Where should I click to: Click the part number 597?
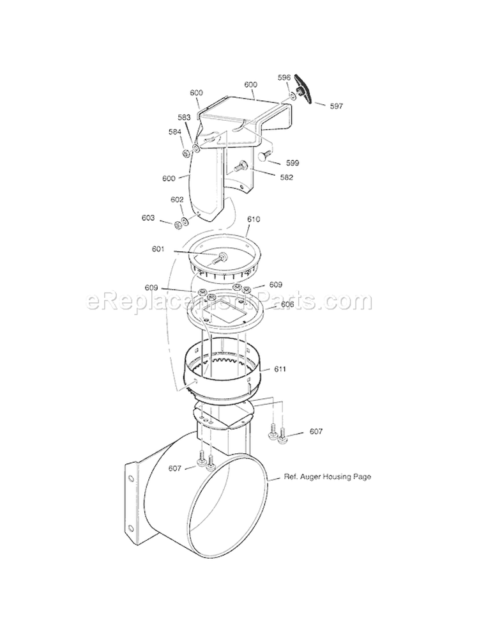click(x=337, y=107)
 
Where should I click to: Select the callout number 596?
click(x=284, y=77)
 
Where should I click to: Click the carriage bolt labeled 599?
click(x=265, y=155)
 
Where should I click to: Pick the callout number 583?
click(x=184, y=117)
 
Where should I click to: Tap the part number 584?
click(x=175, y=132)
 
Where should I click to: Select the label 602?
click(x=177, y=199)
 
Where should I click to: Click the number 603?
click(x=149, y=218)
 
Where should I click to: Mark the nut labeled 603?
click(x=177, y=224)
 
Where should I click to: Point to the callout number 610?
click(x=254, y=219)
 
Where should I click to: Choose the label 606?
click(x=287, y=305)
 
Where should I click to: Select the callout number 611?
click(x=280, y=369)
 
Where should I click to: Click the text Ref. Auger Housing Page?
click(x=328, y=476)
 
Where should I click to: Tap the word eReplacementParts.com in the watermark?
click(x=229, y=300)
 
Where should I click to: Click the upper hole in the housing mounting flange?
click(x=132, y=477)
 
